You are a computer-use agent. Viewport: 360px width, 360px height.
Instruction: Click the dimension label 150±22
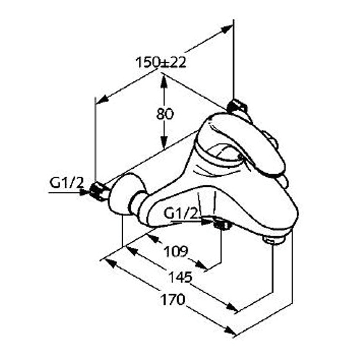161,62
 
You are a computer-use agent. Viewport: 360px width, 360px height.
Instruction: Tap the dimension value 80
165,114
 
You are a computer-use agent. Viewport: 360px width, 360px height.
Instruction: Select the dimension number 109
176,252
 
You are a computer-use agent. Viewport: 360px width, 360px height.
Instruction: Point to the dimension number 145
180,277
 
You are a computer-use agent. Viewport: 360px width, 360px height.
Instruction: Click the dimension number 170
173,300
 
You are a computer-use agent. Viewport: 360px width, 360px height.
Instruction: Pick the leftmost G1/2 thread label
66,183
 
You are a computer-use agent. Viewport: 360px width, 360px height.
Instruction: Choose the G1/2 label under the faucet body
181,214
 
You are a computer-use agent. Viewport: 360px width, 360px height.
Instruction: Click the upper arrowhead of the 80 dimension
164,82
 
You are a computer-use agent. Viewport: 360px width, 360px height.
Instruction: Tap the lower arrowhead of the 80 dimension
164,142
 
